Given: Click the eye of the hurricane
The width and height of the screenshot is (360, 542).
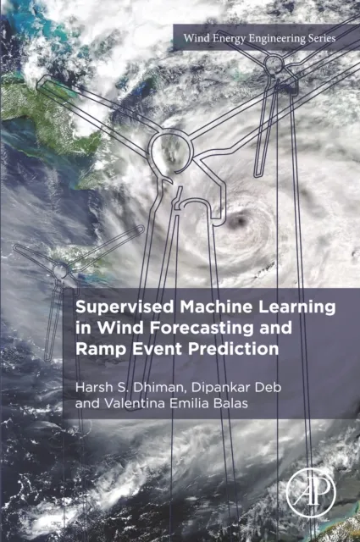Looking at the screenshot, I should coord(239,222).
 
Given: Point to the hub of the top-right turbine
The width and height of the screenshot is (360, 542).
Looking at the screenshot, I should coord(274,64).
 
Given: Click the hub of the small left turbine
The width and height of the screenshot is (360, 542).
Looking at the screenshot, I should coord(61,270).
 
